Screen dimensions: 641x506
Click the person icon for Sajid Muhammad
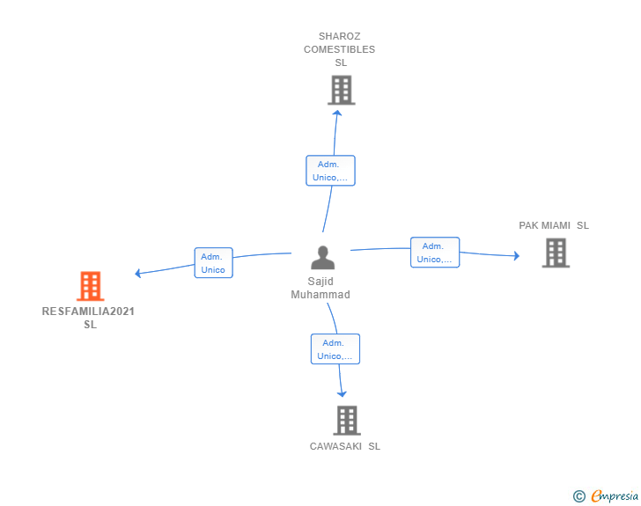(322, 258)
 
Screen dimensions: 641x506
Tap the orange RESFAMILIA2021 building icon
(91, 286)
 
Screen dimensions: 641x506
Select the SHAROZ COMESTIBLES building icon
(342, 90)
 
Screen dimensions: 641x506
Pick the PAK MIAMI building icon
(556, 253)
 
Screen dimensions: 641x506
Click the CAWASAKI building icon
(347, 420)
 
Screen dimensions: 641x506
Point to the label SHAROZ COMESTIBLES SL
(339, 49)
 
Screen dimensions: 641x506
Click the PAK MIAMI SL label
(554, 225)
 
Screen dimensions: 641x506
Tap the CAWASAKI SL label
(345, 446)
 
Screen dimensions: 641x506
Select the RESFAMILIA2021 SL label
(88, 318)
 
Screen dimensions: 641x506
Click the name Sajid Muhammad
(320, 288)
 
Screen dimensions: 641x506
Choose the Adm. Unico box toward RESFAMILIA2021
(213, 263)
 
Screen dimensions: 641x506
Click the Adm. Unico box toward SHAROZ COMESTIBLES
(330, 171)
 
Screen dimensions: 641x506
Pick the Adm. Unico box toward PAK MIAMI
(435, 253)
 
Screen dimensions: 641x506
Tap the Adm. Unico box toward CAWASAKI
(335, 349)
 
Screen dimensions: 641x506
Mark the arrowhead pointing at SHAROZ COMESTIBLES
(337, 113)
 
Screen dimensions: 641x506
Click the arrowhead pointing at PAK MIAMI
(517, 256)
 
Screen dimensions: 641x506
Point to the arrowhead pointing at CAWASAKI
(342, 394)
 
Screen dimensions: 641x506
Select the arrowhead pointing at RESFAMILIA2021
(137, 273)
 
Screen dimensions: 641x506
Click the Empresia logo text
(615, 495)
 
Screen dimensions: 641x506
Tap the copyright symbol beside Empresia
(579, 496)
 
